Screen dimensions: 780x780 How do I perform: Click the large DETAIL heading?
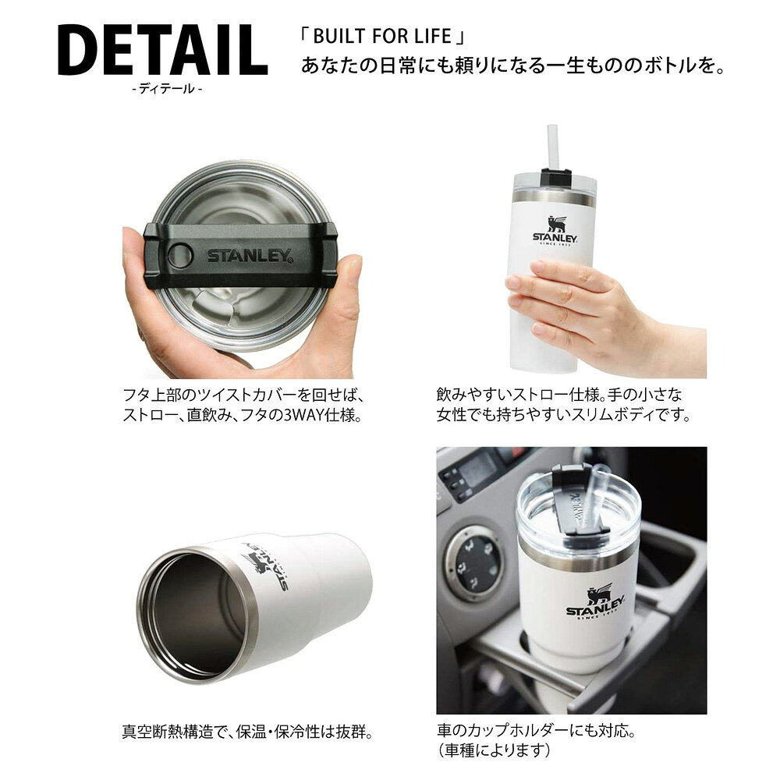coord(163,50)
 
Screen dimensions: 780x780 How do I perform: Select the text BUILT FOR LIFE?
coord(382,37)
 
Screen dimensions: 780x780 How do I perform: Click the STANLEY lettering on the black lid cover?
coord(250,255)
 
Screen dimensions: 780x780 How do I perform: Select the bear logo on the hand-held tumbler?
coord(556,225)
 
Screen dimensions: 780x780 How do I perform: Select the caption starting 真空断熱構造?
coord(247,732)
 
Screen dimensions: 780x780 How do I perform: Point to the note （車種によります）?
coord(494,750)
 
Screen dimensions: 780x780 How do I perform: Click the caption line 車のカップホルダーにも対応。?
coord(537,731)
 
